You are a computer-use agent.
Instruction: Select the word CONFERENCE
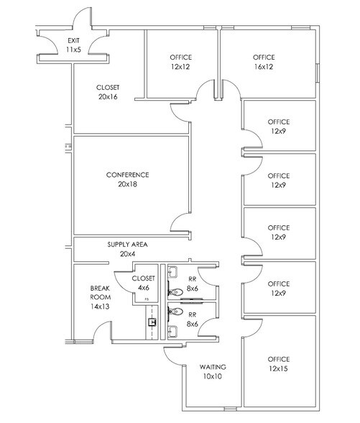tap(127, 175)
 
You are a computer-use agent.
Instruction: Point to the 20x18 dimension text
tap(127, 184)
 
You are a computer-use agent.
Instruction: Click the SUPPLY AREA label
tap(127, 245)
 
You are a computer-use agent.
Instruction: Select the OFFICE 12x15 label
tap(278, 364)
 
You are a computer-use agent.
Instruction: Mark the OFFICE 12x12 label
tap(180, 62)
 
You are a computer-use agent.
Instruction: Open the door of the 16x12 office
tap(231, 90)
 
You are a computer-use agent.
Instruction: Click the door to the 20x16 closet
tap(180, 113)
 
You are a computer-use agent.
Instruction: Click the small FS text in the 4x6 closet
tap(147, 298)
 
